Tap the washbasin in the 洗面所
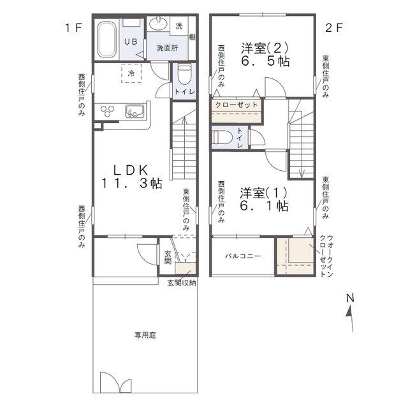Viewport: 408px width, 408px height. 158,24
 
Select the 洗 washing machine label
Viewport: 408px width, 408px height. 179,26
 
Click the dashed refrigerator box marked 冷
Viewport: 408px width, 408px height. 131,73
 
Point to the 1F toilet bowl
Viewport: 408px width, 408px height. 184,75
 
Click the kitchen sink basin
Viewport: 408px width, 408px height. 135,112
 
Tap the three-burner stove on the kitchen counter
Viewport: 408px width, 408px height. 107,111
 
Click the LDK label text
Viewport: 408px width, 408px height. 131,170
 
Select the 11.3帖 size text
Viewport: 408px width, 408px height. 131,184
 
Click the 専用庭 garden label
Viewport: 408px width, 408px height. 145,335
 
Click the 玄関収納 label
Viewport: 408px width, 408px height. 182,283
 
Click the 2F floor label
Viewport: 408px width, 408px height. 334,28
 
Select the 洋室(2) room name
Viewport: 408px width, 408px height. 265,48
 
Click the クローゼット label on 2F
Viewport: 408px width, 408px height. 237,105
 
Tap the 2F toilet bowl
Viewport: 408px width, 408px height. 222,137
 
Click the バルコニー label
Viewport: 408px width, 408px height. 243,256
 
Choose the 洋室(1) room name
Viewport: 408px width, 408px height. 263,193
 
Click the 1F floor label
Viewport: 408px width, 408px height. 74,28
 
